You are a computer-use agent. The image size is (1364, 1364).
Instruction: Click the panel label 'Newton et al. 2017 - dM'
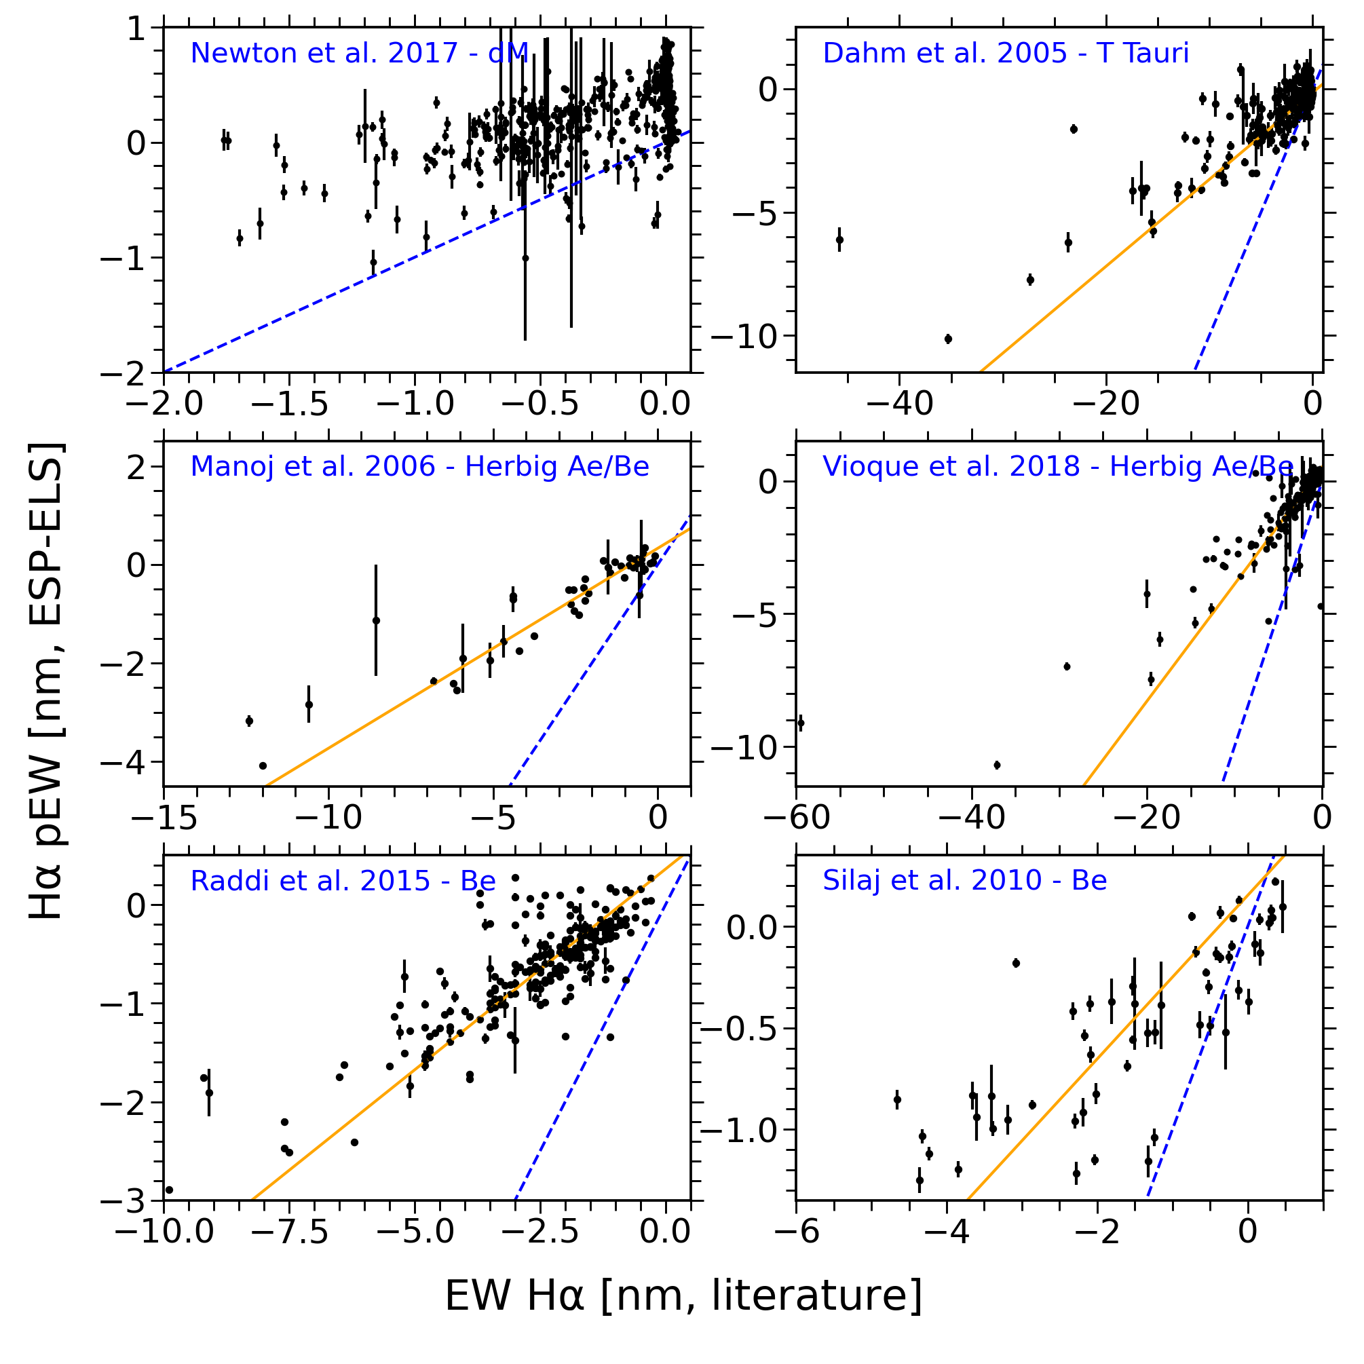pos(360,53)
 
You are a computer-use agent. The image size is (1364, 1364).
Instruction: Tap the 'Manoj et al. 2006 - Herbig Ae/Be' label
pos(419,467)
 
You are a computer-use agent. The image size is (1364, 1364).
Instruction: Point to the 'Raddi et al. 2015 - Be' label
pos(343,880)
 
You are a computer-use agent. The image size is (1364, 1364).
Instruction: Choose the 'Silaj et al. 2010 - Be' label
pos(964,880)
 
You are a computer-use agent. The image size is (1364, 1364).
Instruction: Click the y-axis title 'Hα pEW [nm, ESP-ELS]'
pos(48,681)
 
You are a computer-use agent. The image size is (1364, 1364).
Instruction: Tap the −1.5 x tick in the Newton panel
pos(290,405)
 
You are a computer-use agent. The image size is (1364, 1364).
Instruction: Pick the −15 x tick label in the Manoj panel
pos(164,818)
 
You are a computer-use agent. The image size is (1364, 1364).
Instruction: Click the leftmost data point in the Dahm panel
pos(839,240)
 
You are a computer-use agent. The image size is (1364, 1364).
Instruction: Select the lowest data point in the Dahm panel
pos(948,339)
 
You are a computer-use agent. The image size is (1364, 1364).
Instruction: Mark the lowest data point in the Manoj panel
pos(263,765)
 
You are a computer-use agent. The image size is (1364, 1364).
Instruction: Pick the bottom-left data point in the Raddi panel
pos(170,1190)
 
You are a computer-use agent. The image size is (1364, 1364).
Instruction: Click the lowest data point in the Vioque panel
pos(997,765)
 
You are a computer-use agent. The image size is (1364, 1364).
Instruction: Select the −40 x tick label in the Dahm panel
pos(898,405)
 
